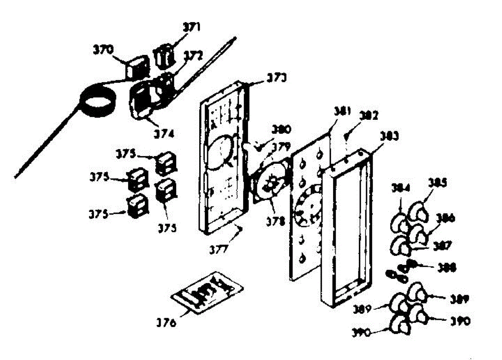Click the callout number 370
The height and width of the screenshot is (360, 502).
point(102,50)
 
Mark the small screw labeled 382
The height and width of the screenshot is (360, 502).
point(346,136)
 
